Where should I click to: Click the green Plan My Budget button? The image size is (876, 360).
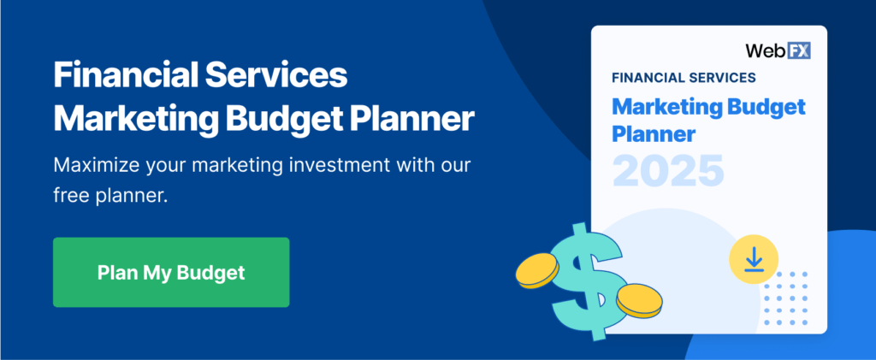click(171, 272)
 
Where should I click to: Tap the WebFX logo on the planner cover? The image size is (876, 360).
click(777, 50)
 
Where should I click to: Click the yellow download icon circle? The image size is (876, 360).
click(753, 257)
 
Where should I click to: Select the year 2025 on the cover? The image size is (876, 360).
click(668, 168)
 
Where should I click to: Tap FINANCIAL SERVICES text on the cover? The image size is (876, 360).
click(684, 78)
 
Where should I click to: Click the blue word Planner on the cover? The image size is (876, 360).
click(654, 133)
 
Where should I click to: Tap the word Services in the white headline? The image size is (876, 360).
click(278, 77)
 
